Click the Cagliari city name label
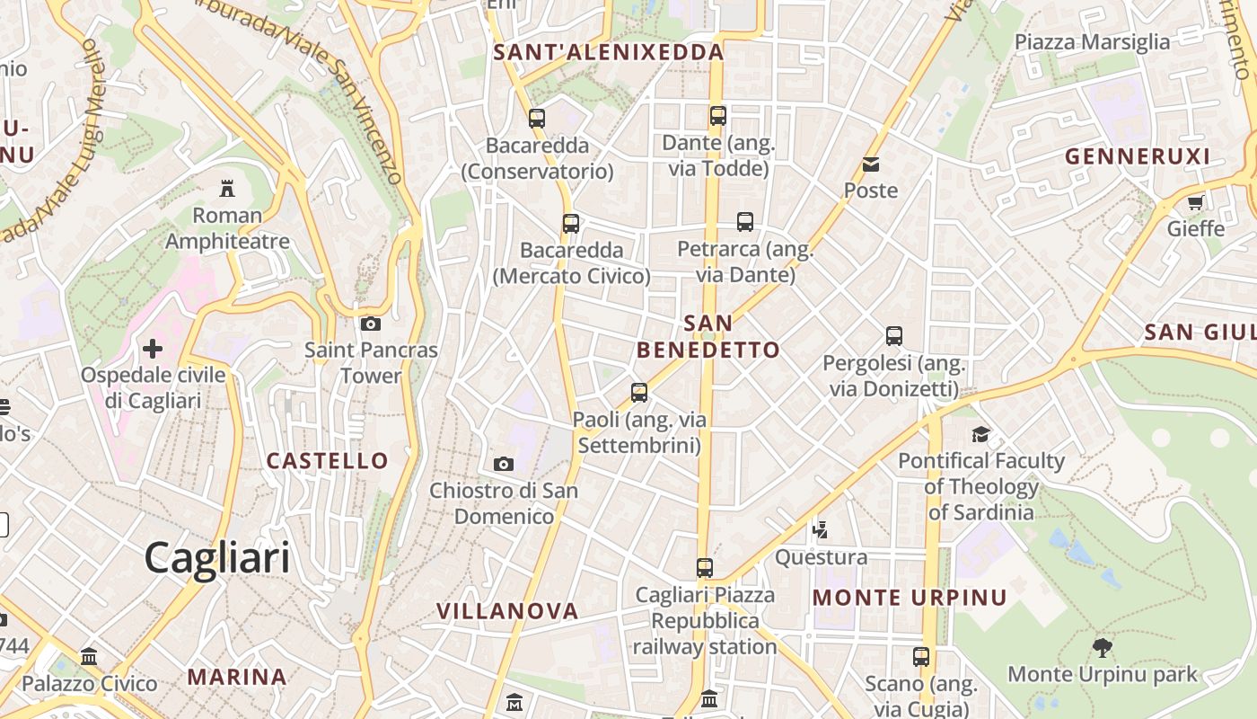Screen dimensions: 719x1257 click(x=217, y=557)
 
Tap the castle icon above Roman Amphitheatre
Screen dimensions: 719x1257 click(x=227, y=188)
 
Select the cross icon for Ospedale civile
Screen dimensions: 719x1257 click(x=153, y=348)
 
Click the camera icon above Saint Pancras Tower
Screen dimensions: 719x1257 click(x=370, y=324)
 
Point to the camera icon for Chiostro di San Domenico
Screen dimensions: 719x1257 click(x=504, y=464)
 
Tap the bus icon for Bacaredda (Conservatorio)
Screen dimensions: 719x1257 click(x=537, y=118)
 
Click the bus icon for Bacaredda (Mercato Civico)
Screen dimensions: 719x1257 click(x=571, y=223)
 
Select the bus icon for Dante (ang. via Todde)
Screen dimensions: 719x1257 click(x=717, y=115)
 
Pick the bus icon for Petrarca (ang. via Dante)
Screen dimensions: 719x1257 click(x=744, y=221)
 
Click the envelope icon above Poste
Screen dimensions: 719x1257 click(x=871, y=164)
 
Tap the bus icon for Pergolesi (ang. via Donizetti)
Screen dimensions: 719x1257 click(x=894, y=336)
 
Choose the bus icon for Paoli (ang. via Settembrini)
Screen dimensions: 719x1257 click(x=639, y=392)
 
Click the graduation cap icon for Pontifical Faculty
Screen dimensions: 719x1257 click(x=980, y=434)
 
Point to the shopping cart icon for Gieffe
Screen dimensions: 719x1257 click(x=1195, y=202)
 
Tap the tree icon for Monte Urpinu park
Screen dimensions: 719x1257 click(x=1102, y=647)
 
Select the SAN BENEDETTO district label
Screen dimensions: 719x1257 click(x=708, y=336)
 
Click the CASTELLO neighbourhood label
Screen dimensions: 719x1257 click(x=328, y=461)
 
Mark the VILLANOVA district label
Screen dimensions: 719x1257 click(x=507, y=611)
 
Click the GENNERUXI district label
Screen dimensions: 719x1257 click(x=1138, y=156)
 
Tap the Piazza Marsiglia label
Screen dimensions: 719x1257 click(x=1092, y=42)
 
